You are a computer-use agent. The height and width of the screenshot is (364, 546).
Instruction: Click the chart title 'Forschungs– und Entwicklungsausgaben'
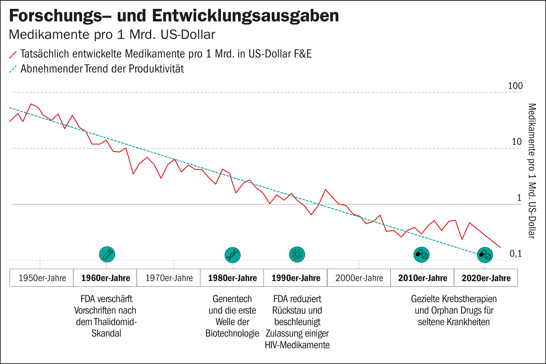pos(174,16)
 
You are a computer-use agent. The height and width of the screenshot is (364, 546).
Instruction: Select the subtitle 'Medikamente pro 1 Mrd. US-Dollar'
pos(112,35)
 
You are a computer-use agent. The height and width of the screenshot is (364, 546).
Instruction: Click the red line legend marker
pos(13,54)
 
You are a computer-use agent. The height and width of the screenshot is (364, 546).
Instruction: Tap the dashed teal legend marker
pos(13,69)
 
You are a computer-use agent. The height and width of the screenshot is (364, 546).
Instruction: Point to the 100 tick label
pos(515,86)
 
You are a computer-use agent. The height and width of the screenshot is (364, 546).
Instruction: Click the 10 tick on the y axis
pos(517,142)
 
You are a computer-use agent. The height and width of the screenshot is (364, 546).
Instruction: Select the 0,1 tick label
pos(516,254)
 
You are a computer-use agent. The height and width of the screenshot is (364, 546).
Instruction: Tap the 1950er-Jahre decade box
pos(42,278)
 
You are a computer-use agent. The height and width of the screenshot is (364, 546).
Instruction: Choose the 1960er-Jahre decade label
pos(105,278)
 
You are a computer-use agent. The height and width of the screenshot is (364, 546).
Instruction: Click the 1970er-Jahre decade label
pos(169,278)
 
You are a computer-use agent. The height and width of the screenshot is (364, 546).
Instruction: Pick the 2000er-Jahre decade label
pos(359,278)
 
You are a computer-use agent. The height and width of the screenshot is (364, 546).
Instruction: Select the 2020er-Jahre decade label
pos(486,278)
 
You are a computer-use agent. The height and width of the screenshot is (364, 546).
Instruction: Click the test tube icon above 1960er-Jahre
pos(107,254)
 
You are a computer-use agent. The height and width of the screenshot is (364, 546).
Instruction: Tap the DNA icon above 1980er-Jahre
pos(232,255)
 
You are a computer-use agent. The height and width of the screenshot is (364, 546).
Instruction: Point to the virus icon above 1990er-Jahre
pos(297,254)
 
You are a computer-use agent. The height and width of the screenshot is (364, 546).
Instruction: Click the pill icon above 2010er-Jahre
pos(421,255)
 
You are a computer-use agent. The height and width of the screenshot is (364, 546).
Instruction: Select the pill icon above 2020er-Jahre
pos(485,255)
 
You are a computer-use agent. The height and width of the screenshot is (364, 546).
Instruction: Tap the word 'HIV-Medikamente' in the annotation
pos(297,345)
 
